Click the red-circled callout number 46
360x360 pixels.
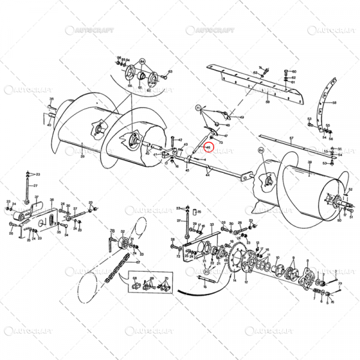click(x=208, y=147)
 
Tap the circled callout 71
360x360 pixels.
click(x=197, y=107)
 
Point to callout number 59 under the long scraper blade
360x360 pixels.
click(x=267, y=103)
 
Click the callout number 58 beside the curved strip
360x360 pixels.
click(x=334, y=103)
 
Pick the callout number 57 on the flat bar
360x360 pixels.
click(x=290, y=139)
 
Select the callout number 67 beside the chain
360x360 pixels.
click(x=137, y=263)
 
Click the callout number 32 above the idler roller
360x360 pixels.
click(x=122, y=231)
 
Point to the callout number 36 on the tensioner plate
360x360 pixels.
click(x=52, y=202)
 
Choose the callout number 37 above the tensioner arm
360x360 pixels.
click(x=36, y=197)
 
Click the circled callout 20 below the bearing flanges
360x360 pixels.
click(x=206, y=272)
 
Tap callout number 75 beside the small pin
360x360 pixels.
click(x=200, y=211)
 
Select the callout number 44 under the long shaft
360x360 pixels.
click(x=208, y=175)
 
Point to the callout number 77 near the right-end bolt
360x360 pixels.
click(x=340, y=283)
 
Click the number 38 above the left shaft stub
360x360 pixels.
click(x=52, y=98)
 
